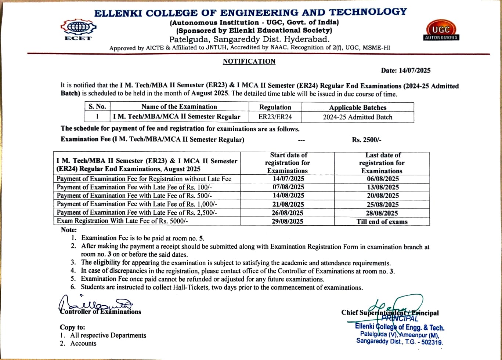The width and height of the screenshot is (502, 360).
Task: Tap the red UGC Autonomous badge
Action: click(x=441, y=31)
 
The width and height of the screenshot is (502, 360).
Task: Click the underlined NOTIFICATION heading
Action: click(x=249, y=61)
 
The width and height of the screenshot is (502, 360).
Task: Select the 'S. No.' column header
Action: click(x=97, y=107)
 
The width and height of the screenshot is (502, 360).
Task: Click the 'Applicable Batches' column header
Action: click(x=358, y=108)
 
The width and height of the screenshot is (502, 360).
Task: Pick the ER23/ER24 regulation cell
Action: click(x=275, y=117)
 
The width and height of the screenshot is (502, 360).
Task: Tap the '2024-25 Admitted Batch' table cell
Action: click(x=358, y=117)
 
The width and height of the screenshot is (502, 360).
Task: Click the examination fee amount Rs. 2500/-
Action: click(x=366, y=140)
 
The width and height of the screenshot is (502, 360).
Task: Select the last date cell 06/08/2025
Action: click(x=383, y=179)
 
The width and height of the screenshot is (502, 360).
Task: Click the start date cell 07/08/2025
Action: click(x=288, y=187)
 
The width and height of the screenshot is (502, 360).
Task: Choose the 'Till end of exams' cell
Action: click(x=382, y=222)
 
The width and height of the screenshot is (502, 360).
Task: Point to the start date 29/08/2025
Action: click(x=288, y=221)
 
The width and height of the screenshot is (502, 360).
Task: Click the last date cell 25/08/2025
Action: click(x=383, y=204)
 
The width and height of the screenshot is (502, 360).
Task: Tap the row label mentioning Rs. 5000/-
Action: click(x=123, y=221)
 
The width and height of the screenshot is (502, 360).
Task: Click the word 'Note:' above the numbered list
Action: click(x=69, y=230)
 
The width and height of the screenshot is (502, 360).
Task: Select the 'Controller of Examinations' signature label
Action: click(x=101, y=312)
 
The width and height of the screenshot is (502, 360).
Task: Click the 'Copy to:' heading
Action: click(x=72, y=327)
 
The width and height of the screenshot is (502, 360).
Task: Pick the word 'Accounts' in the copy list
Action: click(x=83, y=343)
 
